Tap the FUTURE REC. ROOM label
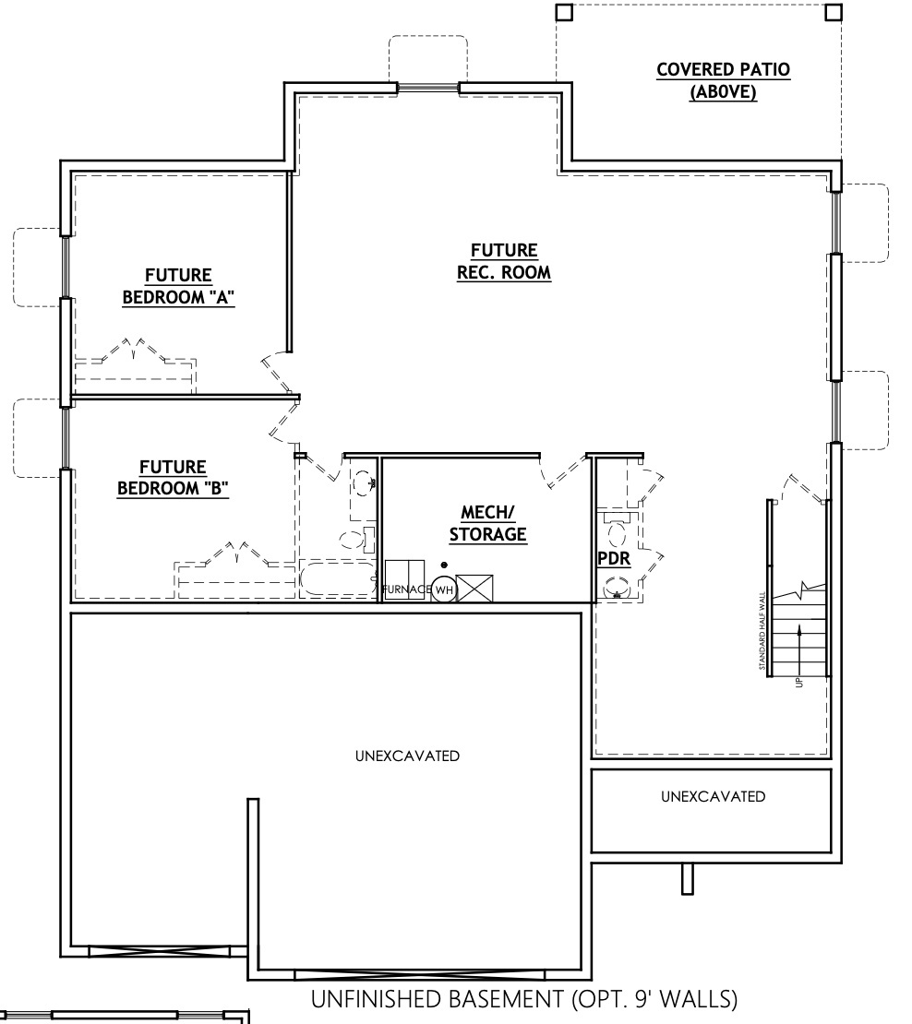504,262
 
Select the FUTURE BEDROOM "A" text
178,287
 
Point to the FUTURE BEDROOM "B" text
173,479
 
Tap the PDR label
614,559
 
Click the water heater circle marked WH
443,589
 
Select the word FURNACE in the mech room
404,589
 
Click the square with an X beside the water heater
474,588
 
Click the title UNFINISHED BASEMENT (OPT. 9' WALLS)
524,1000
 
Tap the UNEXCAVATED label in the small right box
713,796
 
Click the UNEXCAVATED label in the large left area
407,756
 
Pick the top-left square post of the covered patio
564,12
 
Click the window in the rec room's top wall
428,88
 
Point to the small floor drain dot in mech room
444,565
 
